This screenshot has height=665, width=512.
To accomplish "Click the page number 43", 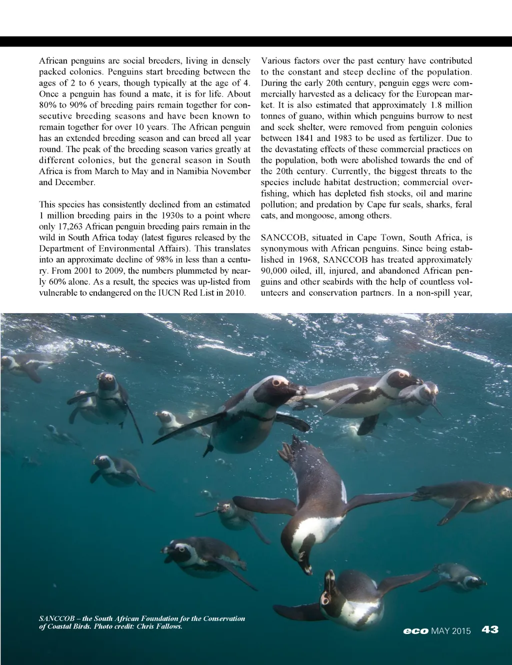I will point(490,629).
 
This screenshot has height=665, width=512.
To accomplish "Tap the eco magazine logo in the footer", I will point(415,631).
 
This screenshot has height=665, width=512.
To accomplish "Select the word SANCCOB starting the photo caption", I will point(56,618).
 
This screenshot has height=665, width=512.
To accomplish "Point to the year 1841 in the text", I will point(304,138).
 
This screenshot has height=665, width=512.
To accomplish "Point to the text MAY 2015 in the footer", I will point(451,631).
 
